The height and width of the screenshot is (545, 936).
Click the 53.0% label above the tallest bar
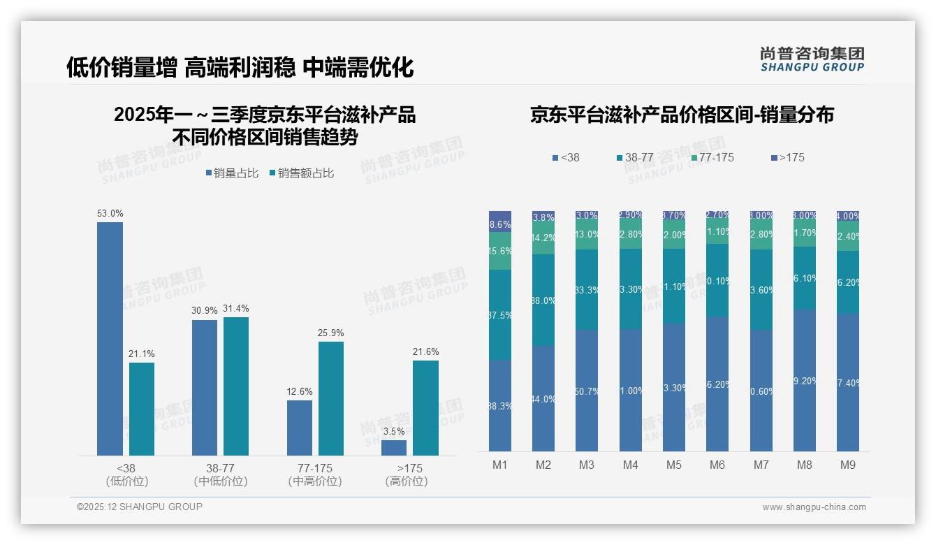110,213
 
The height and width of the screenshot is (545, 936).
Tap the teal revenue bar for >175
425,408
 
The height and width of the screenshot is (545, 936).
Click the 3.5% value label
394,431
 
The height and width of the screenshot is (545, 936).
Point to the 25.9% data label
330,333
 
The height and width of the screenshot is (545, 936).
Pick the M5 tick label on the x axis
673,465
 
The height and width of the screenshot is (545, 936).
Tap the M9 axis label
847,465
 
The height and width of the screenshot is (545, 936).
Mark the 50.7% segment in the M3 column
587,391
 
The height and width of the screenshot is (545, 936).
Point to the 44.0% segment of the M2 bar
543,398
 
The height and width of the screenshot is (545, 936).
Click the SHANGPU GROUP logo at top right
812,59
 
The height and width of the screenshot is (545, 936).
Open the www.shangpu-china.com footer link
814,507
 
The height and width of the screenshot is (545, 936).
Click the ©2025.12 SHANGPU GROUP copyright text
140,507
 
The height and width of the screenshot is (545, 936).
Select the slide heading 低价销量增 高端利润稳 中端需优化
240,67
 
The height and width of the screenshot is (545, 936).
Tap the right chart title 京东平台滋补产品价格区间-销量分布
682,115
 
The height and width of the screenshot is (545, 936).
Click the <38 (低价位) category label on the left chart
127,474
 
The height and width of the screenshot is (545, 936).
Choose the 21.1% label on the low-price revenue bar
141,354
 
